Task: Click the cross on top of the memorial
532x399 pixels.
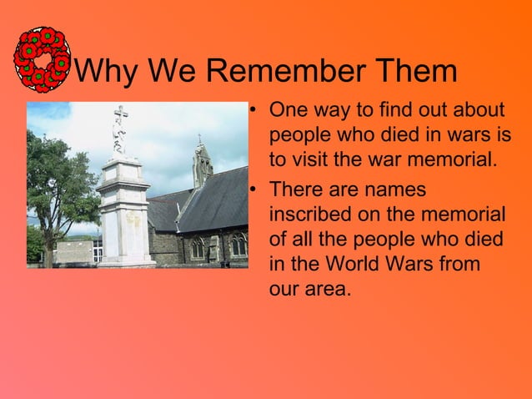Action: coord(122,122)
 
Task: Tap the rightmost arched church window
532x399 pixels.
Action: coord(238,245)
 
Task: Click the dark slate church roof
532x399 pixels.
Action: coord(213,205)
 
